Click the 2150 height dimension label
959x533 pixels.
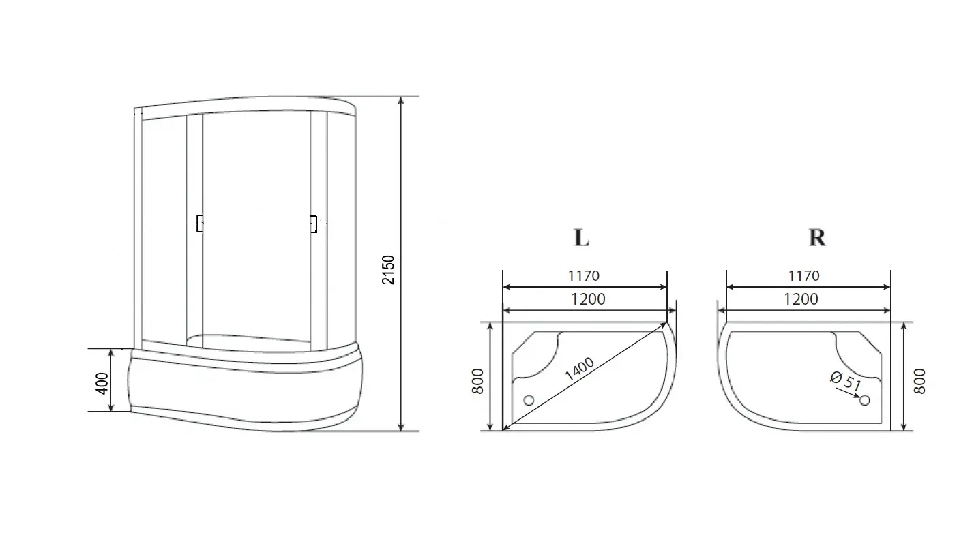point(388,270)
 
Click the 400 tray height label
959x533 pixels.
point(102,383)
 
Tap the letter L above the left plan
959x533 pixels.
point(581,237)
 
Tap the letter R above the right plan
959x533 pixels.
point(817,237)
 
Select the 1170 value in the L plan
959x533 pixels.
point(584,276)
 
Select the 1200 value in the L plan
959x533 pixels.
point(588,299)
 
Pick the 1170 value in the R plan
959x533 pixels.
point(804,276)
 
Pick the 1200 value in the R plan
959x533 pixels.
point(801,299)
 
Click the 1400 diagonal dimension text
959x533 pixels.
point(579,369)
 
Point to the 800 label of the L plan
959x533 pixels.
point(477,381)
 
